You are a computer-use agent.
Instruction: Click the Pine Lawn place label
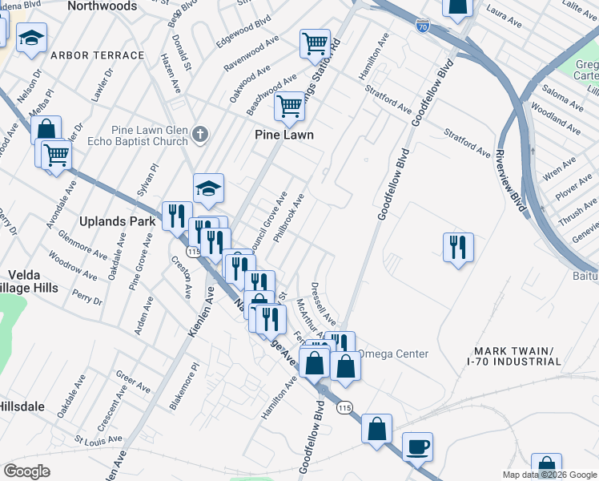pos(284,135)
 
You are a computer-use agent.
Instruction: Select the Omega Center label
pos(392,354)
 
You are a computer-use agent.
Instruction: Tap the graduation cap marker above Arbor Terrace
pos(32,37)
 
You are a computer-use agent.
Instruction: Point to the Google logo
pos(27,471)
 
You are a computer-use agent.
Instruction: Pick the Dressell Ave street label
pos(324,302)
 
